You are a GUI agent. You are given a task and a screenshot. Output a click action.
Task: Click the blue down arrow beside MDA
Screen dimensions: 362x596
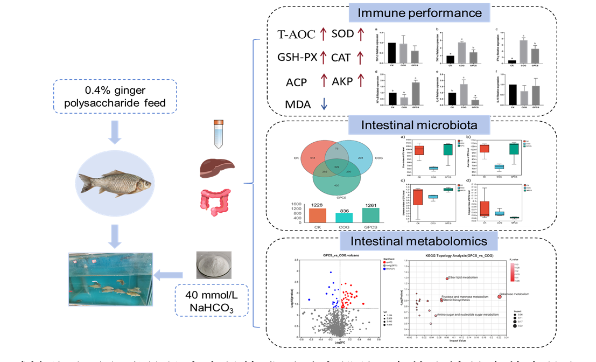point(324,103)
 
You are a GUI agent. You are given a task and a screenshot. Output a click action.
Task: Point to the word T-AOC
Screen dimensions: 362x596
point(295,35)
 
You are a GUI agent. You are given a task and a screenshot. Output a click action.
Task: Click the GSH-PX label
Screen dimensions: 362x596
point(296,57)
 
